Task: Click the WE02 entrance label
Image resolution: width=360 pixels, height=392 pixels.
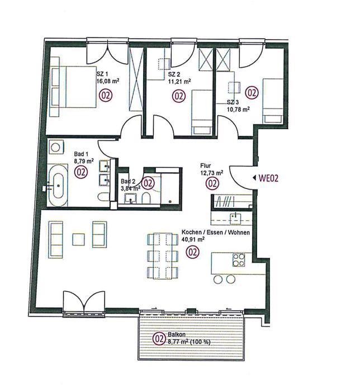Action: pyautogui.click(x=268, y=178)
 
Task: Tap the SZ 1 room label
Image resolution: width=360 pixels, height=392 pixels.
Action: pyautogui.click(x=102, y=74)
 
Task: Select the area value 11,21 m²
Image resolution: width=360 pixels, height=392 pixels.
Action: pyautogui.click(x=179, y=81)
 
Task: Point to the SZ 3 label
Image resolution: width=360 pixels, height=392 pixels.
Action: pyautogui.click(x=233, y=102)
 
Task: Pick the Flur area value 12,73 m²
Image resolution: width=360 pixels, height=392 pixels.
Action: pyautogui.click(x=212, y=172)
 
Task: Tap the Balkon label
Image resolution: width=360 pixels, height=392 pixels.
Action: pyautogui.click(x=177, y=334)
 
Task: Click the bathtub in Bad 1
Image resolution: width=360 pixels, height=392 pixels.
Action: pyautogui.click(x=58, y=186)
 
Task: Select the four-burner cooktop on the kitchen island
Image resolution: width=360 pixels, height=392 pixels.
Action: pyautogui.click(x=239, y=260)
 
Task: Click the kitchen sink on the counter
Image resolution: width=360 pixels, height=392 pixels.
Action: pyautogui.click(x=235, y=219)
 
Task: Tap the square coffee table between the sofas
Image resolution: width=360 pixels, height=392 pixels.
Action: pyautogui.click(x=79, y=239)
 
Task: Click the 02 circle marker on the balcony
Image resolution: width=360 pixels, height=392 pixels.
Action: pyautogui.click(x=159, y=339)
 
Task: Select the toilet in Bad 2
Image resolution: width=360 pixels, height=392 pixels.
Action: pyautogui.click(x=146, y=198)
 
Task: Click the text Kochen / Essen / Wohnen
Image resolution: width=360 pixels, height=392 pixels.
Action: pyautogui.click(x=216, y=232)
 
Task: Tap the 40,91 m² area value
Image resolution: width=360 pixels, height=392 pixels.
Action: pyautogui.click(x=193, y=239)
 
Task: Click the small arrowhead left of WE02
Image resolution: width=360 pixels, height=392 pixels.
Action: pyautogui.click(x=254, y=178)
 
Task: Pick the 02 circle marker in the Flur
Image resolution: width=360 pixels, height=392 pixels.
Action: pyautogui.click(x=212, y=183)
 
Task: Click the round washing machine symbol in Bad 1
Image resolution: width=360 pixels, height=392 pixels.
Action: pyautogui.click(x=55, y=147)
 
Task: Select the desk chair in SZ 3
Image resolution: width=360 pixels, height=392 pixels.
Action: pyautogui.click(x=234, y=87)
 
